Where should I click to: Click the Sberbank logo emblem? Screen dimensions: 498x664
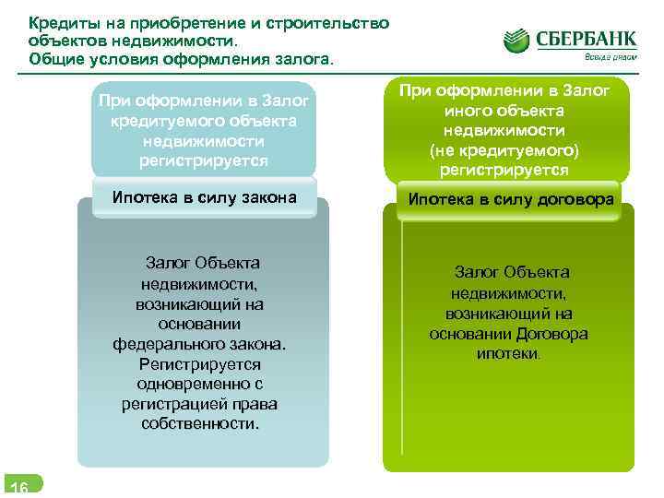[518, 41]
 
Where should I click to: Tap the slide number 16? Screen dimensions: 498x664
[18, 488]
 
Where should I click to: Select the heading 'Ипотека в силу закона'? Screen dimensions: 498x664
[204, 196]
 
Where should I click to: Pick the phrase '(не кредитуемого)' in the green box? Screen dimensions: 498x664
[510, 150]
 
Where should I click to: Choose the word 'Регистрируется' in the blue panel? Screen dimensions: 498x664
[201, 364]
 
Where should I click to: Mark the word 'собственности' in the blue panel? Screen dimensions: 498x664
[199, 424]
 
